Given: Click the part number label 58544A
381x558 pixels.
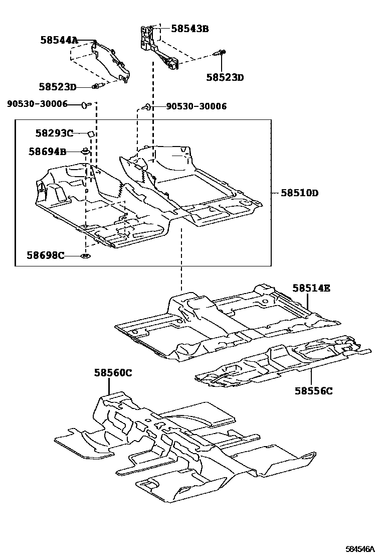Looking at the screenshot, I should point(59,40).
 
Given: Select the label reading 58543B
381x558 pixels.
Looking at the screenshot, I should point(189,29).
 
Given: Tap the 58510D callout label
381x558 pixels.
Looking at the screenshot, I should point(300,193).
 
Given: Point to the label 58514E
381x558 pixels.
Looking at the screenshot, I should point(311,288).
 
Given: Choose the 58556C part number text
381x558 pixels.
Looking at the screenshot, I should point(313,390).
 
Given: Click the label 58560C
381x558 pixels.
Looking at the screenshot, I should point(113,372).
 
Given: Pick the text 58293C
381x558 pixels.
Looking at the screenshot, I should point(54,133).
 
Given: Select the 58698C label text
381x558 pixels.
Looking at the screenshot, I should point(46,255).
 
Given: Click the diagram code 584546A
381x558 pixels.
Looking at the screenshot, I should point(359,549).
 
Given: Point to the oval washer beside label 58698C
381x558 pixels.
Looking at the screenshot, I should point(85,256).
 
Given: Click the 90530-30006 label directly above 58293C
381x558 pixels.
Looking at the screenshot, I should point(37,104).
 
